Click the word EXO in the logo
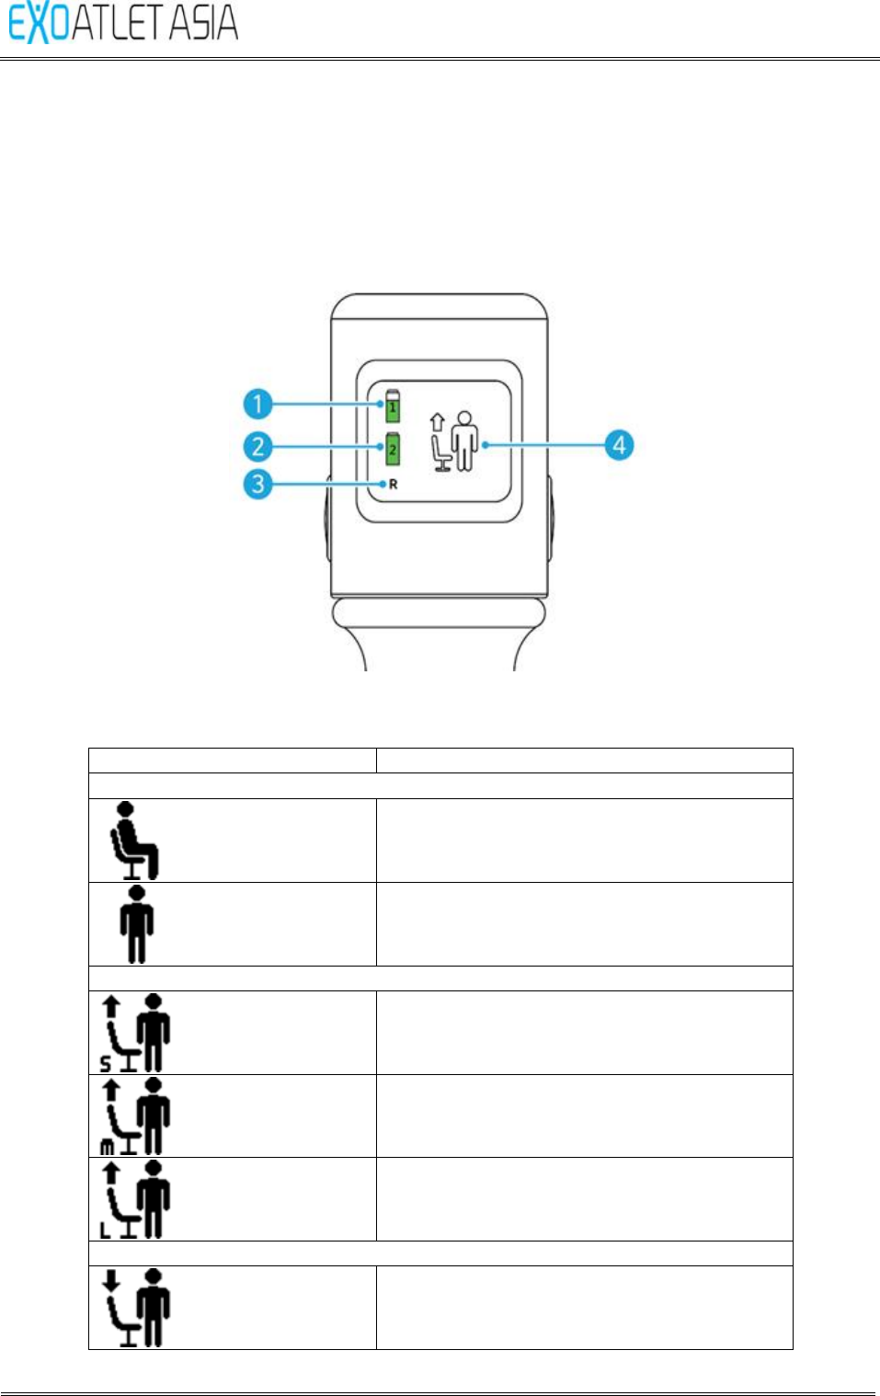pos(40,23)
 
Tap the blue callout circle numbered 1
pos(258,404)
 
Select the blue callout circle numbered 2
pos(258,447)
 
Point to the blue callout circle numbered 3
pos(258,484)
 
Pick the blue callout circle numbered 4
pos(619,445)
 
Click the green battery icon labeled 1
pos(393,405)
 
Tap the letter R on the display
pos(394,485)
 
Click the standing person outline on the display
pos(466,441)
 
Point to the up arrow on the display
pos(438,421)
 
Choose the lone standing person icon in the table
pos(137,924)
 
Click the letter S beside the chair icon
pos(106,1064)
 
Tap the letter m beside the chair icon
pos(107,1148)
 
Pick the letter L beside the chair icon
pos(105,1230)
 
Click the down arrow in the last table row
pos(111,1280)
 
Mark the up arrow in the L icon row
pos(111,1172)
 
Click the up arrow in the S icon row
pos(111,1006)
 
